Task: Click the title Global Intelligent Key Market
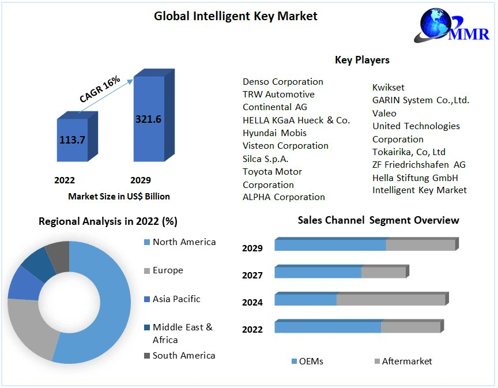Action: [x=235, y=16]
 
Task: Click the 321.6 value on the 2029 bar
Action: [x=148, y=119]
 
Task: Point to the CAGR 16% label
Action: [x=100, y=89]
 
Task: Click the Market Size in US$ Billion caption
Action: [x=119, y=196]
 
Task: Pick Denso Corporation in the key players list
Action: [x=282, y=81]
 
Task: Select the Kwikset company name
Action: [x=388, y=87]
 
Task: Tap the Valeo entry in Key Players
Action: [x=384, y=113]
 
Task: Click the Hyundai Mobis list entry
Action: [x=274, y=133]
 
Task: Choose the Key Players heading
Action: [x=362, y=60]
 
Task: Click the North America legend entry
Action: [x=183, y=242]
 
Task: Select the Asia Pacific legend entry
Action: [x=176, y=299]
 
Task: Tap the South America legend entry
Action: [x=183, y=356]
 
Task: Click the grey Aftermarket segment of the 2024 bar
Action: [x=390, y=300]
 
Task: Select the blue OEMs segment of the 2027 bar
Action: [x=318, y=272]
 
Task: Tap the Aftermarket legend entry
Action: [x=406, y=361]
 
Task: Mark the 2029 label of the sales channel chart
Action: [x=252, y=248]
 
